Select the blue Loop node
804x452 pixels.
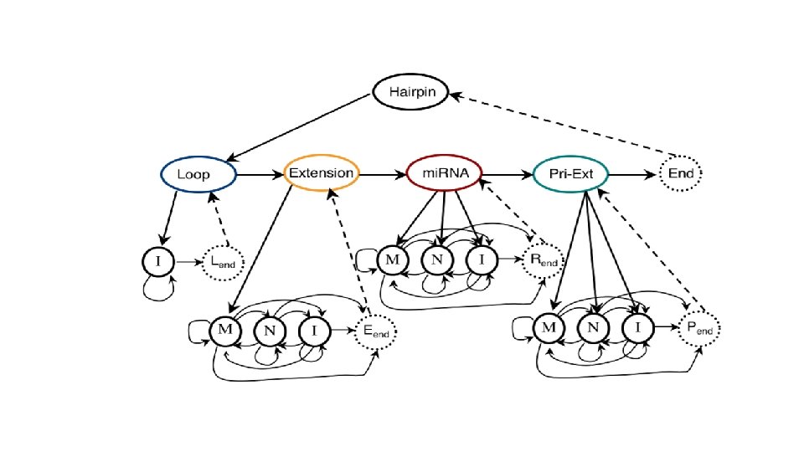(198, 174)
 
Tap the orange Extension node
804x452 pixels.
(322, 173)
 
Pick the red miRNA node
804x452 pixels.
(444, 173)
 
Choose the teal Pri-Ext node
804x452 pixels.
(570, 174)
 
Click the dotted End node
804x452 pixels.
(680, 174)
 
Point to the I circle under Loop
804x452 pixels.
(157, 263)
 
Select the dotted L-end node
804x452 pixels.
(222, 264)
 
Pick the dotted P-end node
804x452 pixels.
(699, 329)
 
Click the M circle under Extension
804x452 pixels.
(224, 330)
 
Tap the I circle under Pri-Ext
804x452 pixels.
(636, 328)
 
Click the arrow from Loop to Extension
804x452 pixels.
(260, 174)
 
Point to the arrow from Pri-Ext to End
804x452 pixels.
(632, 174)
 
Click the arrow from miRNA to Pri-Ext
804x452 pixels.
(507, 174)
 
